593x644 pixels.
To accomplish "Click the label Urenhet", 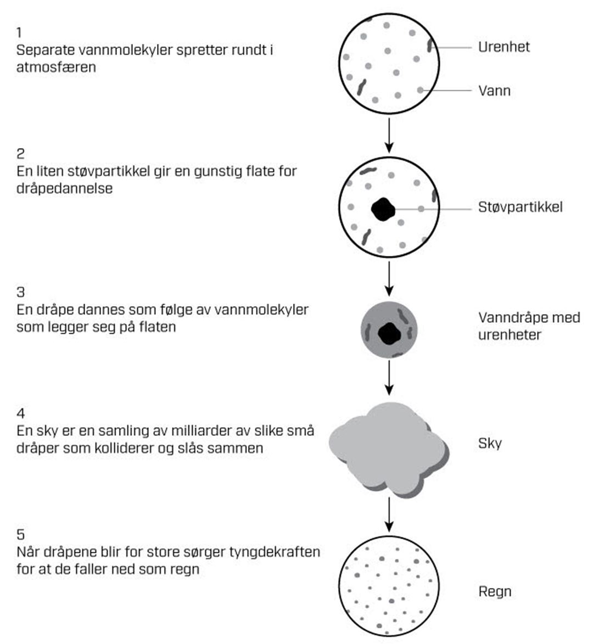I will [504, 47].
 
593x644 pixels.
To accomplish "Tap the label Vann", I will [494, 91].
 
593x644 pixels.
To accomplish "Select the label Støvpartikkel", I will [520, 208].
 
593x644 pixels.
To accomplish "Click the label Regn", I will [495, 592].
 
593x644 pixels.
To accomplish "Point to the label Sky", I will [490, 444].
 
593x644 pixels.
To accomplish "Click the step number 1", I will [20, 33].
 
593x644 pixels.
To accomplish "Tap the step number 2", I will [20, 154].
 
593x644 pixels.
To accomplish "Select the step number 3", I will [20, 292].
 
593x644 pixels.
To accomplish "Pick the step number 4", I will [20, 413].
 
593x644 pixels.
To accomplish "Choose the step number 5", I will [20, 534].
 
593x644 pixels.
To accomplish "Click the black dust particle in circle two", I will [383, 209].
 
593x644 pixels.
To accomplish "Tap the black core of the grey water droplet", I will [389, 333].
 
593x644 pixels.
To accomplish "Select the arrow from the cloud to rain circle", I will [389, 514].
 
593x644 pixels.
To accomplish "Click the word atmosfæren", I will [56, 68].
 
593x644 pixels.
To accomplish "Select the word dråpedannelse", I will [64, 188].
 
